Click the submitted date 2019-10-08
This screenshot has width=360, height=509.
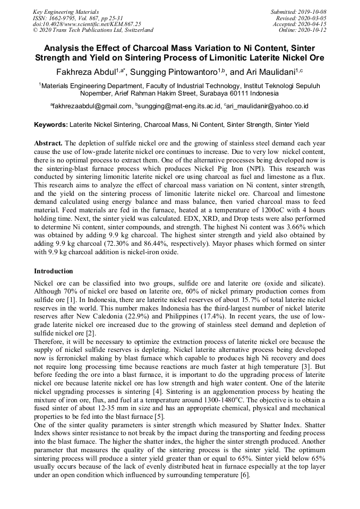click(x=312, y=12)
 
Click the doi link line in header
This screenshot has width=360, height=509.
click(x=87, y=24)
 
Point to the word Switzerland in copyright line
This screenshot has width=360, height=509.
click(x=137, y=30)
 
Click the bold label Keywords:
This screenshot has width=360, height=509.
click(x=51, y=125)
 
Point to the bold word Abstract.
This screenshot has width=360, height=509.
click(x=48, y=144)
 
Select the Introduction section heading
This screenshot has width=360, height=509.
click(x=53, y=271)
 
